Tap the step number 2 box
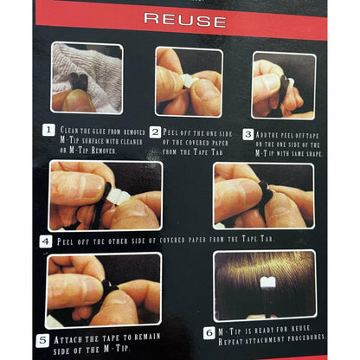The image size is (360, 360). click(x=156, y=131)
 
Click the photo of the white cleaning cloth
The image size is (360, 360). click(x=87, y=78)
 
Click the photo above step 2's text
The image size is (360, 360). click(x=189, y=81)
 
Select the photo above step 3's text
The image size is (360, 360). click(x=284, y=85)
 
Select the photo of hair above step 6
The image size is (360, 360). click(x=265, y=285)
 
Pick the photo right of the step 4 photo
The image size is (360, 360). click(x=263, y=195)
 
